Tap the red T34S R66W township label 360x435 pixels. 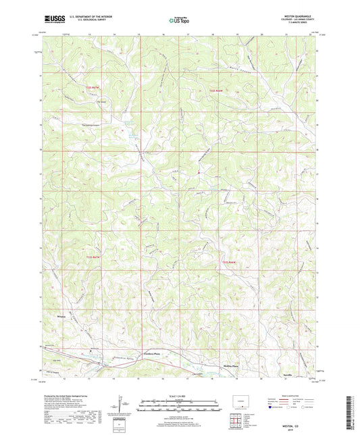coord(230,262)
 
